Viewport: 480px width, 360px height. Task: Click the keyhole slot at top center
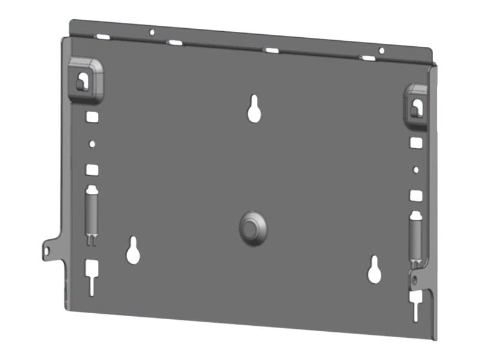point(254,109)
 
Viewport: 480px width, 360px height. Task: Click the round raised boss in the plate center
point(253,227)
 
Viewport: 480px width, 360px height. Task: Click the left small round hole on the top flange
point(152,32)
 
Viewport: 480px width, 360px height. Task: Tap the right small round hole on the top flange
point(381,50)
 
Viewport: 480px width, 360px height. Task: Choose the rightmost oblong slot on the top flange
point(367,58)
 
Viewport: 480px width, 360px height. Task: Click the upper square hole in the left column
point(92,117)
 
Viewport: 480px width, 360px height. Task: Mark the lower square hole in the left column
point(92,170)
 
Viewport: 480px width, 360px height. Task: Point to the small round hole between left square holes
point(92,144)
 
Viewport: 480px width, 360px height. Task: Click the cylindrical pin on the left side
point(92,213)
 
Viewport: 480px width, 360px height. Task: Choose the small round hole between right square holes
point(415,170)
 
